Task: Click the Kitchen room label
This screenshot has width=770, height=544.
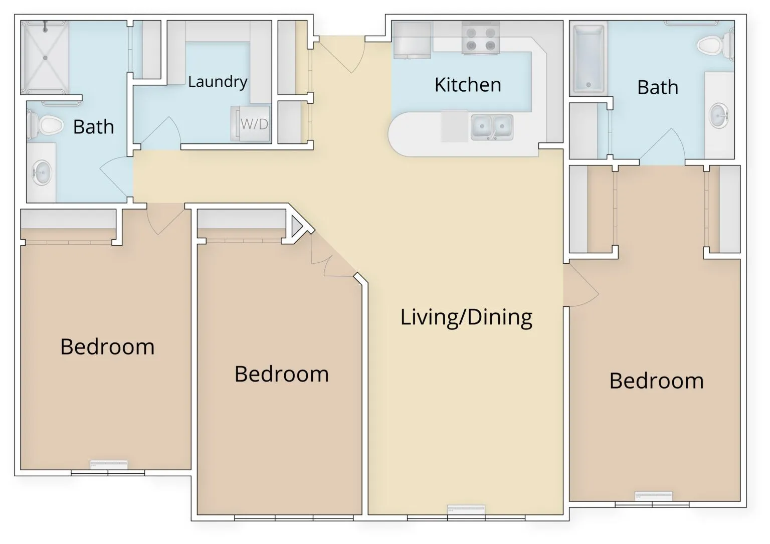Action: [468, 85]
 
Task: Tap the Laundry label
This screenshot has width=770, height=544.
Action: [218, 82]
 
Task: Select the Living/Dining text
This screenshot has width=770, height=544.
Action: [466, 317]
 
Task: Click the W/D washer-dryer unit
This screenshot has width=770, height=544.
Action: [251, 124]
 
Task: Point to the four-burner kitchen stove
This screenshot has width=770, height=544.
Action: [481, 38]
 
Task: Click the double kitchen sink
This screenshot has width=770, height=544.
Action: [492, 127]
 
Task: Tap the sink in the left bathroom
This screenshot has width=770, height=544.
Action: [42, 172]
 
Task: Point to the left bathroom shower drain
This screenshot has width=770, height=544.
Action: [45, 58]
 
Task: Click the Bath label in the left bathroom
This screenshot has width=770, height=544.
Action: [94, 127]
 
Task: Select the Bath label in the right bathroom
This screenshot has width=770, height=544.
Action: [658, 87]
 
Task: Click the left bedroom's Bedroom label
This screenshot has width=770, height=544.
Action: [107, 346]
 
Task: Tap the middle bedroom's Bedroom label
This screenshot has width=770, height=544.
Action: [282, 374]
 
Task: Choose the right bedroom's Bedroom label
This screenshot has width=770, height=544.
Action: [657, 381]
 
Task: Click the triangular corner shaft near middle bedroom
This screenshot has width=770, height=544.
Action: [297, 226]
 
